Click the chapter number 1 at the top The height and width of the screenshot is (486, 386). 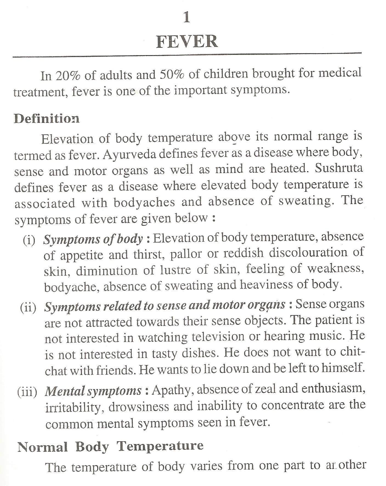[187, 18]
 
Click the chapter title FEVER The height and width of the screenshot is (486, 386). [187, 41]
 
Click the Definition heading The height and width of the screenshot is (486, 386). [47, 118]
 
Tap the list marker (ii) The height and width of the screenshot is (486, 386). [28, 307]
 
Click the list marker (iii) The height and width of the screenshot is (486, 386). [27, 391]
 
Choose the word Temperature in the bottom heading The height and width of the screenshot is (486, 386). [160, 446]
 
